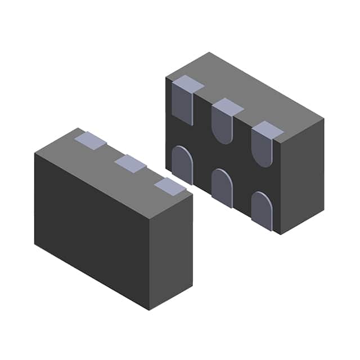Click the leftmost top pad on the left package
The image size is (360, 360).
(x=90, y=141)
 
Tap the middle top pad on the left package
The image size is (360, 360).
(x=130, y=164)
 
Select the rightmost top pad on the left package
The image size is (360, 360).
(x=169, y=186)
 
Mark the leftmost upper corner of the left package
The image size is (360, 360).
(x=35, y=153)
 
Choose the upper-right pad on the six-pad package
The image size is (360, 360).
(x=263, y=145)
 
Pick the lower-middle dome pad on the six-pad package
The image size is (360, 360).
(x=222, y=187)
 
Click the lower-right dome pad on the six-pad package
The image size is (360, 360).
(x=262, y=210)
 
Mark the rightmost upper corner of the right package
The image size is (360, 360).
(x=324, y=119)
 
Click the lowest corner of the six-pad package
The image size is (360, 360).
(x=280, y=234)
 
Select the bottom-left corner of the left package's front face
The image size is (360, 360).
(x=35, y=244)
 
